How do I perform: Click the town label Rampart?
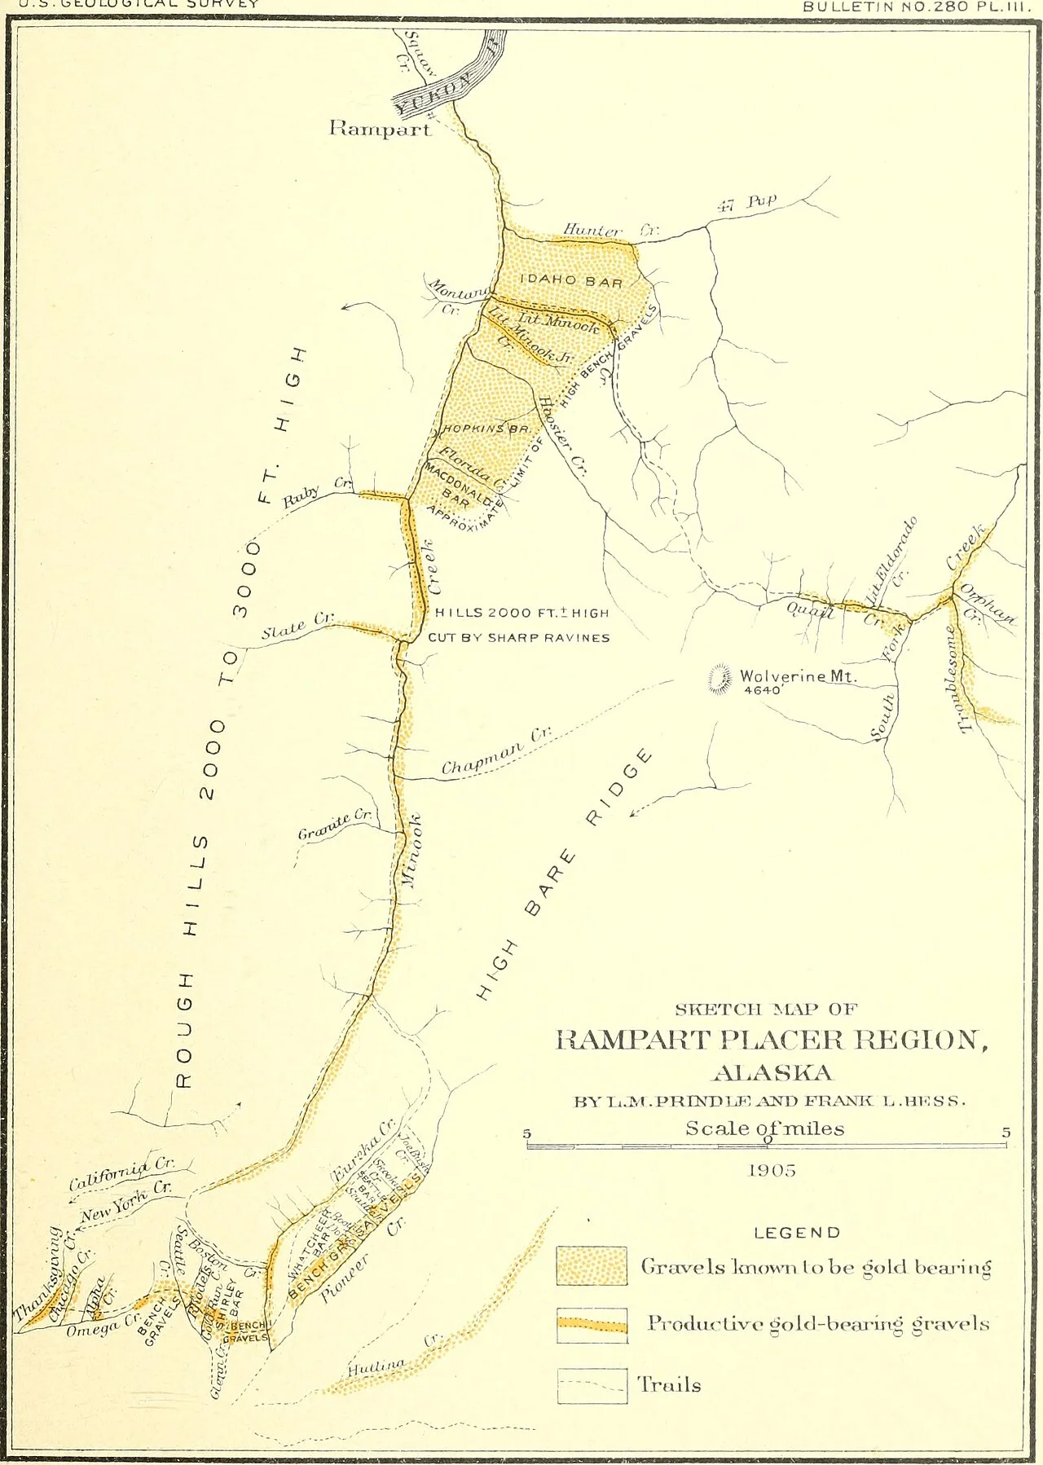pyautogui.click(x=379, y=128)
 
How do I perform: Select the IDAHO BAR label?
pyautogui.click(x=571, y=281)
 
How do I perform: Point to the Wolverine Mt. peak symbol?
pyautogui.click(x=720, y=679)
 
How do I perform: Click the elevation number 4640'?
pyautogui.click(x=763, y=690)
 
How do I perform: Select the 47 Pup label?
pyautogui.click(x=746, y=202)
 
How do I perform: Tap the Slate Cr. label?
pyautogui.click(x=297, y=626)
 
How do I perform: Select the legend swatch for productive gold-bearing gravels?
pyautogui.click(x=592, y=1325)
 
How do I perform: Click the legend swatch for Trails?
pyautogui.click(x=592, y=1385)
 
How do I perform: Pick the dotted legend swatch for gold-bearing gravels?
pyautogui.click(x=592, y=1265)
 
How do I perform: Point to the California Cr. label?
pyautogui.click(x=121, y=1172)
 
